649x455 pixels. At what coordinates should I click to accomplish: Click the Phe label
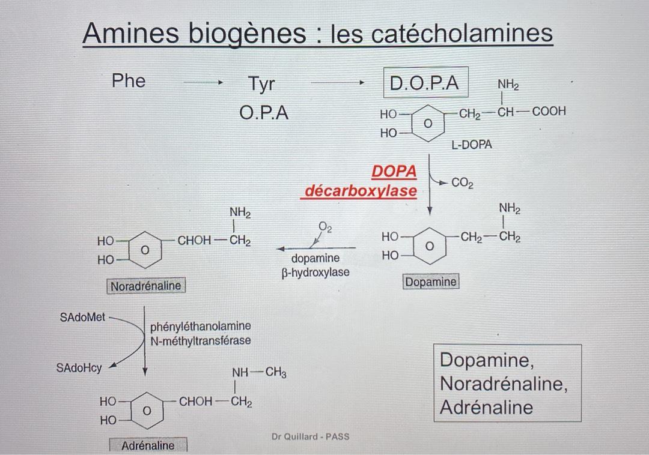click(x=129, y=81)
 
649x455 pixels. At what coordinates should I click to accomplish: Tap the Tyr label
click(x=261, y=84)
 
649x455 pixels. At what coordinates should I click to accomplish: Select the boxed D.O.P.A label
click(x=424, y=84)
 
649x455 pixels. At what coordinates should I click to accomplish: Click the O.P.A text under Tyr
click(x=264, y=112)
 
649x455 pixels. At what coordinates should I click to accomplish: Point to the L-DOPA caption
click(x=472, y=145)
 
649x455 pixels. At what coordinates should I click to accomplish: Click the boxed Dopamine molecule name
click(x=431, y=282)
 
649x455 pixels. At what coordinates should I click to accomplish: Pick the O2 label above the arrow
click(x=325, y=227)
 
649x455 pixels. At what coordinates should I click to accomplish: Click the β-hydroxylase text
click(x=315, y=273)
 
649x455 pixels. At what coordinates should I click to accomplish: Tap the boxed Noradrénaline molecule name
click(x=145, y=286)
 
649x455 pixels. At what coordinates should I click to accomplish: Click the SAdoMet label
click(x=82, y=317)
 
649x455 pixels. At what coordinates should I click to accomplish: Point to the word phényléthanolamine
click(x=201, y=327)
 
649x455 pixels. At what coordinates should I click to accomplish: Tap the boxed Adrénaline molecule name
click(x=148, y=445)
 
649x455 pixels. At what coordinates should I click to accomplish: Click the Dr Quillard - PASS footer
click(x=309, y=436)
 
